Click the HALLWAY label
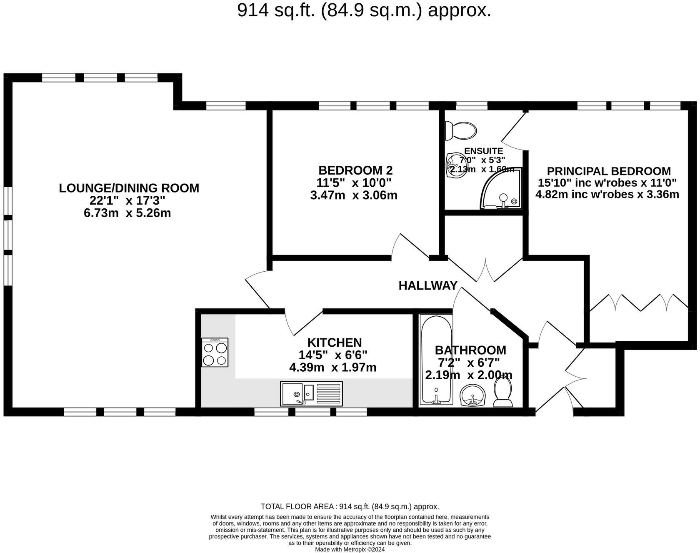(428, 285)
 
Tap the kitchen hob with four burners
(215, 353)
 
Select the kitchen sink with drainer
(311, 393)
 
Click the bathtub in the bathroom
(436, 360)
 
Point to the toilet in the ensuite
(461, 130)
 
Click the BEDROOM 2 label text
(355, 170)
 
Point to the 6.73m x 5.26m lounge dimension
(127, 213)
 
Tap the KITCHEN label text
(334, 343)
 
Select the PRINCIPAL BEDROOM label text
(608, 171)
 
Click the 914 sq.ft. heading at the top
(364, 10)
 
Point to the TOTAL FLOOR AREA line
(350, 507)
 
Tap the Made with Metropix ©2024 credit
(350, 550)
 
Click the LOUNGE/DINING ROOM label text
(129, 188)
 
